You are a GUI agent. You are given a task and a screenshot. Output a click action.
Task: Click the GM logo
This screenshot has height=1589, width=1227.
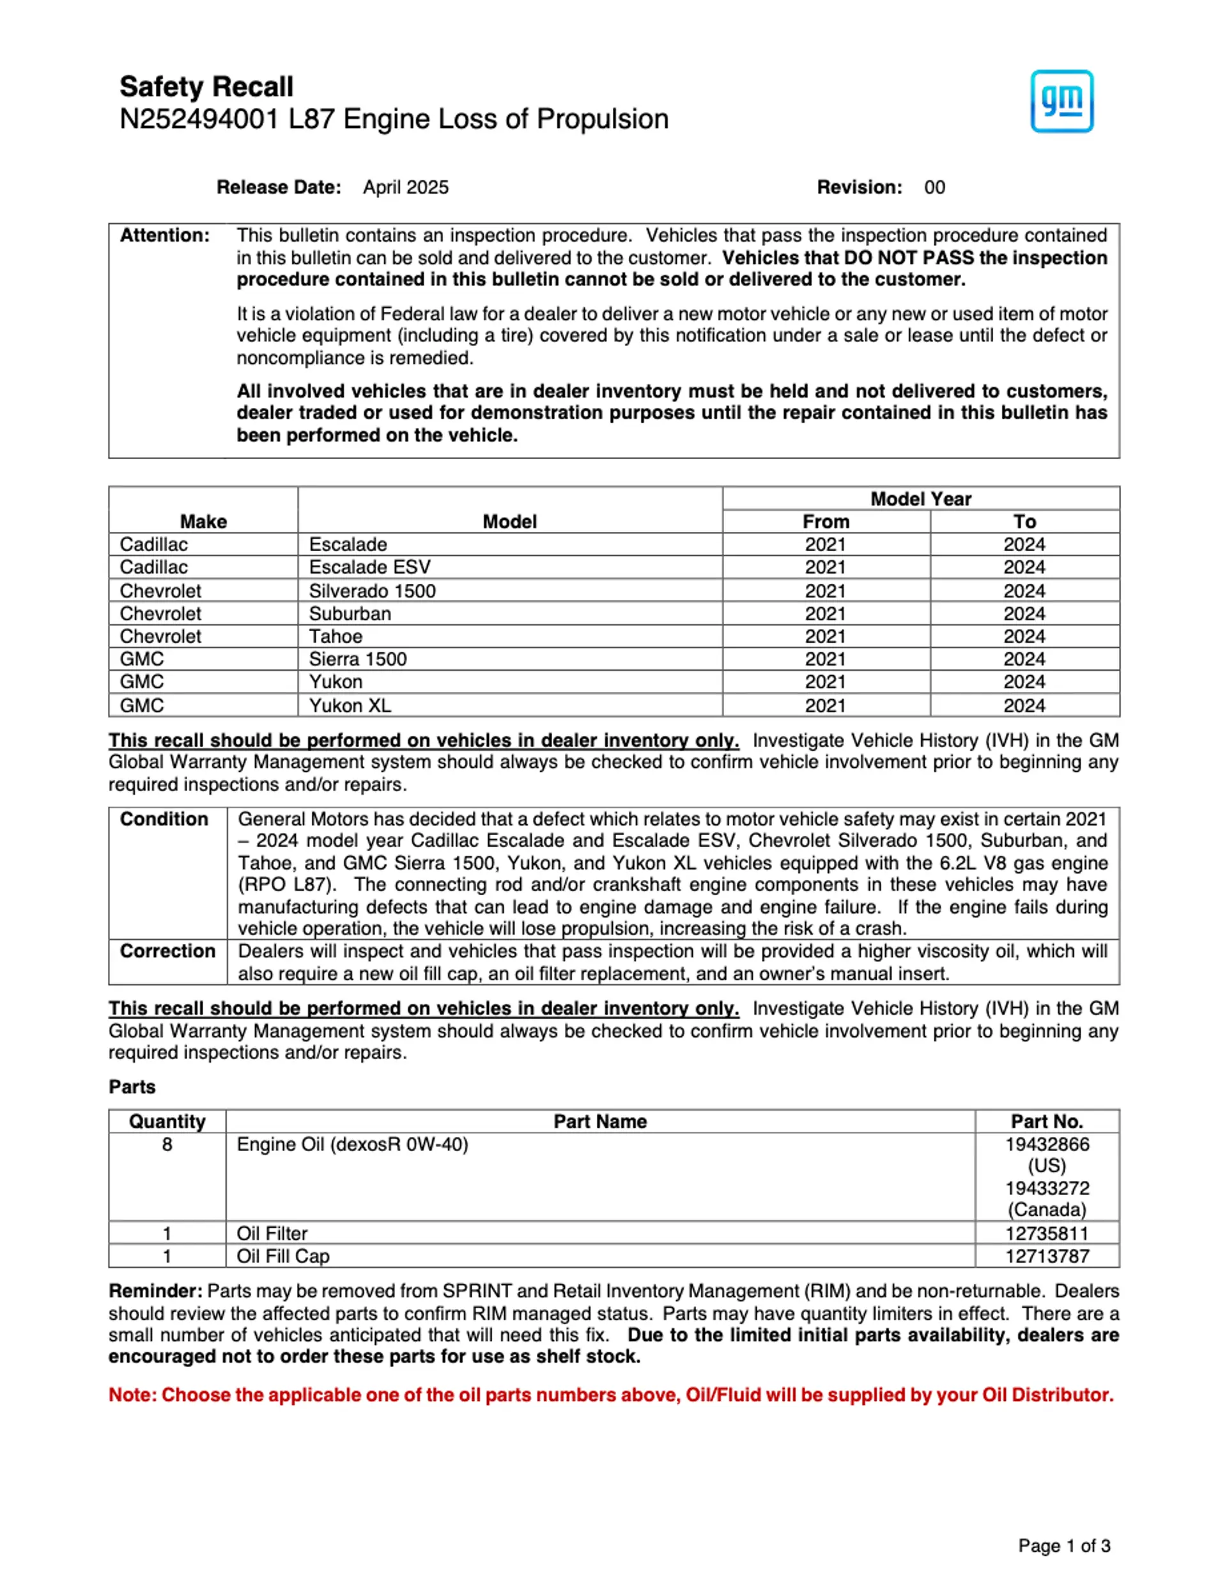pyautogui.click(x=1061, y=101)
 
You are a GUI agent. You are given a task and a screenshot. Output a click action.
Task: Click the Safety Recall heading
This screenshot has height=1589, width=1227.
pyautogui.click(x=206, y=86)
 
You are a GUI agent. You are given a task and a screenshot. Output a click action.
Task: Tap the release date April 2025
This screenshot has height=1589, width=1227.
pyautogui.click(x=406, y=188)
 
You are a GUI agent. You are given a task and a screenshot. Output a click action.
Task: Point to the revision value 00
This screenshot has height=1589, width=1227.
pyautogui.click(x=934, y=188)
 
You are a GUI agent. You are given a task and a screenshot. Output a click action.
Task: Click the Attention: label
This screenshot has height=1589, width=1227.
pyautogui.click(x=164, y=236)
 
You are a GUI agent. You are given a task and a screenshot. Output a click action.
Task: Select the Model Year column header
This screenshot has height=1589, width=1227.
pyautogui.click(x=920, y=499)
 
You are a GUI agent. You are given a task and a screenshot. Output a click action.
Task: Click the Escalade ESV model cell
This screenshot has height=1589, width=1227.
pyautogui.click(x=369, y=568)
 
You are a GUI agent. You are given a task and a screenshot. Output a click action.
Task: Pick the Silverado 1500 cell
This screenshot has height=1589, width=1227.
pyautogui.click(x=373, y=591)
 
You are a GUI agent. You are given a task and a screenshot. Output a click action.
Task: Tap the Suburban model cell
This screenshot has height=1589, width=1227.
pyautogui.click(x=350, y=613)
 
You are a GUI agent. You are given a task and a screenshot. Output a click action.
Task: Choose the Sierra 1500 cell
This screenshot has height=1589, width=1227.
pyautogui.click(x=358, y=659)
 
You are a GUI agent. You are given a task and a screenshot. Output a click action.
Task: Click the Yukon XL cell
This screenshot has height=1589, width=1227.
pyautogui.click(x=350, y=705)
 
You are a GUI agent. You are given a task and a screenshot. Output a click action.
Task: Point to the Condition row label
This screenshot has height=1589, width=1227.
pyautogui.click(x=164, y=819)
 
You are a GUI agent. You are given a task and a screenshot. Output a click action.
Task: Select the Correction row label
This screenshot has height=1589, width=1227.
pyautogui.click(x=167, y=951)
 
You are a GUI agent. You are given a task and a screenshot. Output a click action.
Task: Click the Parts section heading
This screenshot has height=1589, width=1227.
pyautogui.click(x=132, y=1087)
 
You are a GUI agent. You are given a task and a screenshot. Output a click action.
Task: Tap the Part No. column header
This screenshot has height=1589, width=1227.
pyautogui.click(x=1047, y=1122)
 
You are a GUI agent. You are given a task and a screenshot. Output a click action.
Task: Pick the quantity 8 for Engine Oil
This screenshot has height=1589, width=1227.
pyautogui.click(x=167, y=1145)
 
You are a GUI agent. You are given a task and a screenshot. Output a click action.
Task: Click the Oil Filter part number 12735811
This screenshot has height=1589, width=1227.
pyautogui.click(x=1047, y=1233)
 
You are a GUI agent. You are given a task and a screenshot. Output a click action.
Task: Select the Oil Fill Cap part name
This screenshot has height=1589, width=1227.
pyautogui.click(x=283, y=1256)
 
